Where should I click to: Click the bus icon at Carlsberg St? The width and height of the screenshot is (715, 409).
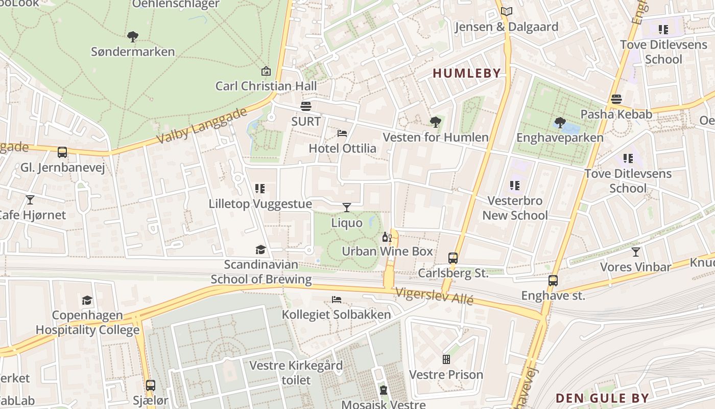452,258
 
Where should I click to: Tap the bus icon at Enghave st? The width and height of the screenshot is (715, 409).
553,281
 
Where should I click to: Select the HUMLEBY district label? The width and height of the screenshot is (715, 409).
466,73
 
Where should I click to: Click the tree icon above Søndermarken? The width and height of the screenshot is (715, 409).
133,37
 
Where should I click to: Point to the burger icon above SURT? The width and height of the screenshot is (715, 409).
306,106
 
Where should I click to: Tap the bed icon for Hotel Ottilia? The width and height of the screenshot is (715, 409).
342,133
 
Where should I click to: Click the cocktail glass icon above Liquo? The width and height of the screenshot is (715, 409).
347,207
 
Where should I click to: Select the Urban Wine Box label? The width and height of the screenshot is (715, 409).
387,251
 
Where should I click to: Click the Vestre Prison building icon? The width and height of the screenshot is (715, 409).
446,359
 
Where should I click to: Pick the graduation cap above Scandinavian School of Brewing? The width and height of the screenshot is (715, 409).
261,249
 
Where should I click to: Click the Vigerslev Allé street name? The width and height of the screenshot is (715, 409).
434,296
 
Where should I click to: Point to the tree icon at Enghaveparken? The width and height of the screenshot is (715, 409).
560,123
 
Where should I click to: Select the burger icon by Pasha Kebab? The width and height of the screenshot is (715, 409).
616,99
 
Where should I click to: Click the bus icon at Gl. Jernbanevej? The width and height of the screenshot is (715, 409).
62,152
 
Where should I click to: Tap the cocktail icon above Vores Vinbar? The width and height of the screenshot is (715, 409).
635,252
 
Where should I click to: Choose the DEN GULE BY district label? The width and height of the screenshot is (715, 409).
602,398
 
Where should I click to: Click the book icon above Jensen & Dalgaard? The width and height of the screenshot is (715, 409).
506,11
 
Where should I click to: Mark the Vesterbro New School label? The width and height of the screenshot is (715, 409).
515,208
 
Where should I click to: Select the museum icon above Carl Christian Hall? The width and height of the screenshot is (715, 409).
266,71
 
